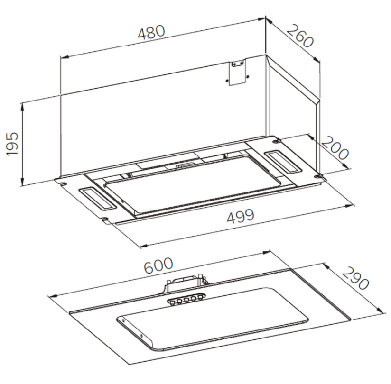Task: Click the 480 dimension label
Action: click(x=151, y=32)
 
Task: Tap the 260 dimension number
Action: click(x=299, y=36)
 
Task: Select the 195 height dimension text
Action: click(x=12, y=144)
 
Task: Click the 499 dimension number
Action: click(x=241, y=216)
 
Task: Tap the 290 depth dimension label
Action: click(x=355, y=278)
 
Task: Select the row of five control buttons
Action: click(x=186, y=299)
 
